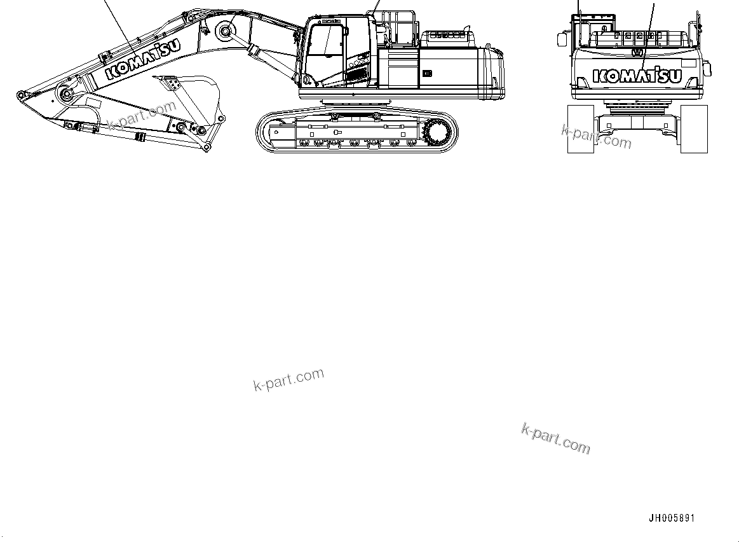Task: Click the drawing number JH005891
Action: click(x=672, y=518)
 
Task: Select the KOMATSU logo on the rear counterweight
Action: click(x=637, y=76)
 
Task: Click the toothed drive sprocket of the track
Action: click(x=439, y=133)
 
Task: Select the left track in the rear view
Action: click(x=580, y=129)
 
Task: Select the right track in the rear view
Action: click(x=694, y=129)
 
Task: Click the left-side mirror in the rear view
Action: click(x=561, y=39)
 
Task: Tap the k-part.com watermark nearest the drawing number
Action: click(x=555, y=440)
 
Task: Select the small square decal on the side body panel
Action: click(x=427, y=73)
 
